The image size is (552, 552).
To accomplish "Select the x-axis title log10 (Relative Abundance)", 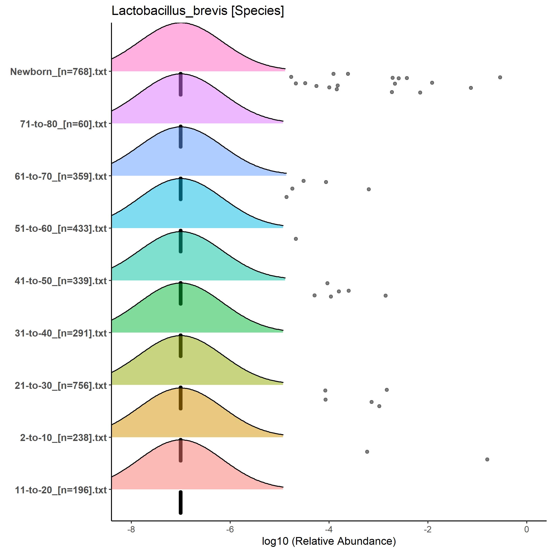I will (x=329, y=541).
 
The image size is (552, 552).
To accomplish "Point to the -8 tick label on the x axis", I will (x=131, y=529).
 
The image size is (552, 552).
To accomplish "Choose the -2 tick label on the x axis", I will (x=427, y=529).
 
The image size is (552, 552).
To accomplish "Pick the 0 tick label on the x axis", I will (x=527, y=529).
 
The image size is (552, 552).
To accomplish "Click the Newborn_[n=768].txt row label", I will (x=59, y=72).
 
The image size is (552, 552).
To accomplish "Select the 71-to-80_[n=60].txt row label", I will (x=63, y=124).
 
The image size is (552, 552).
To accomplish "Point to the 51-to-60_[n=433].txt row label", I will (x=61, y=229).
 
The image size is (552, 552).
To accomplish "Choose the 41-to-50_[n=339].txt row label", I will (x=61, y=281).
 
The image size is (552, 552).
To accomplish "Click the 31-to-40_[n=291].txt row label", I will (x=61, y=333).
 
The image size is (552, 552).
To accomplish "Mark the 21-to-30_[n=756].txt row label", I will (x=61, y=385).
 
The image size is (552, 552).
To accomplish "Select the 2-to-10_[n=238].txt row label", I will (x=63, y=438).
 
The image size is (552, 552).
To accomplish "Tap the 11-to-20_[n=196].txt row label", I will (x=61, y=490).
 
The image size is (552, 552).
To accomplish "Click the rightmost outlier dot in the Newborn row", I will (x=500, y=77).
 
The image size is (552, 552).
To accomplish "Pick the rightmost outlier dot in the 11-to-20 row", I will (x=487, y=459).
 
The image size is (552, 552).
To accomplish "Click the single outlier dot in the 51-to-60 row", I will (x=296, y=239).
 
